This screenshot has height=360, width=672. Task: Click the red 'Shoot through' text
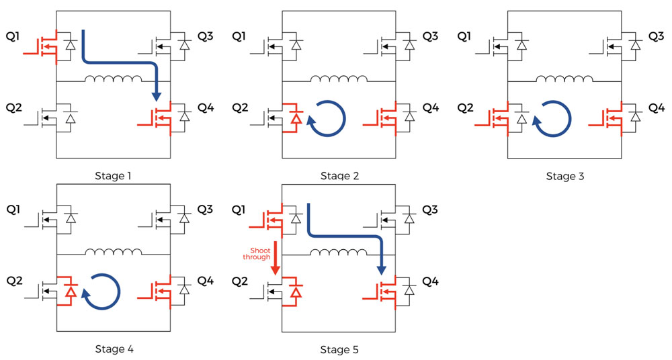coord(257,254)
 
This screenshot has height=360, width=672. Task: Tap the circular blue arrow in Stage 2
coord(327,118)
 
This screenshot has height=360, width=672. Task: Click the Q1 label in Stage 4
coord(13,210)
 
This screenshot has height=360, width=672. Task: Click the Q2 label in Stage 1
coord(13,108)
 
